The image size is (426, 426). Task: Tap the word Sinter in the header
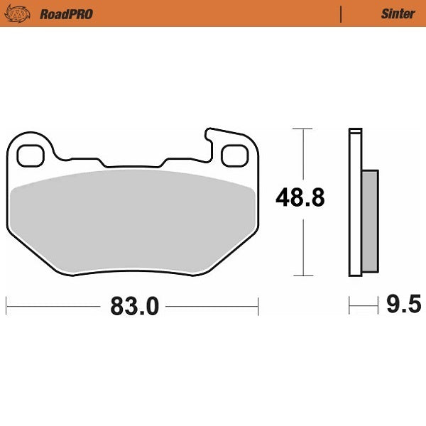[x=398, y=13]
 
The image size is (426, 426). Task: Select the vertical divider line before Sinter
[x=342, y=13]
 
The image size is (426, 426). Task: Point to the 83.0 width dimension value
[x=133, y=307]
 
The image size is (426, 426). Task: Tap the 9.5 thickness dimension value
[x=403, y=306]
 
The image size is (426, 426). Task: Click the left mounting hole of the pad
[x=31, y=155]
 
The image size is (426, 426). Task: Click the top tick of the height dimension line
[x=303, y=129]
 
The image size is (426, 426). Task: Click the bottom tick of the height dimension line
[x=303, y=275]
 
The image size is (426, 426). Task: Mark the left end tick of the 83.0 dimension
[x=7, y=307]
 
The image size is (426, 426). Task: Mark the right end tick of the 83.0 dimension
[x=258, y=307]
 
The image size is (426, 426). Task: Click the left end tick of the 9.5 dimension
[x=349, y=307]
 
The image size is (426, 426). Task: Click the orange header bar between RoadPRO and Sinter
[x=213, y=13]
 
